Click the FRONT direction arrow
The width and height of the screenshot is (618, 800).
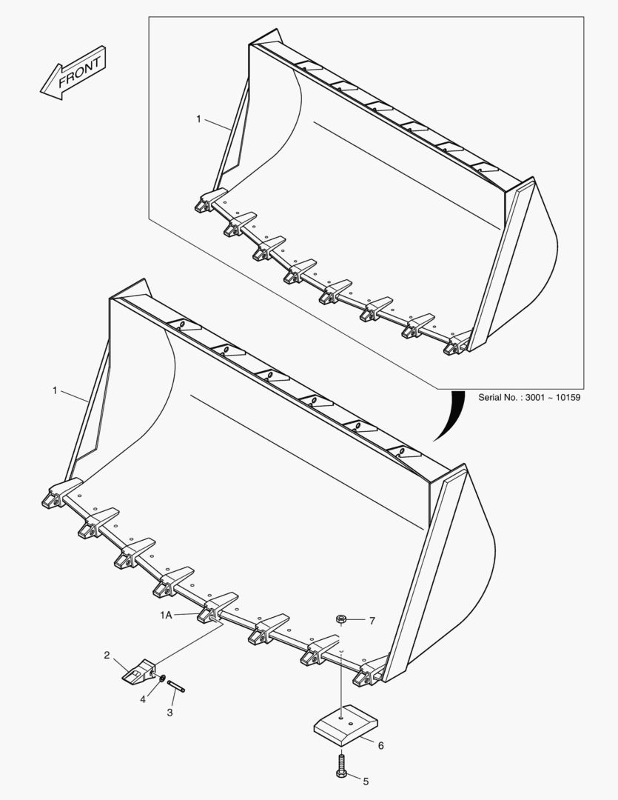(x=73, y=73)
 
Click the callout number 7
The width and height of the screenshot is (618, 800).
(x=372, y=621)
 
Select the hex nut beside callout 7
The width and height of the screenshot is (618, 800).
(x=342, y=620)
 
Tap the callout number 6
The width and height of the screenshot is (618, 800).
(x=381, y=746)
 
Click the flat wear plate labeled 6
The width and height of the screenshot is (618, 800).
(x=346, y=722)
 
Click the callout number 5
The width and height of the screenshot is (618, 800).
(x=366, y=781)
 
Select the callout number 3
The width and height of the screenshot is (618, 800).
(x=169, y=713)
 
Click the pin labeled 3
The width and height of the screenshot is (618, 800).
(x=176, y=686)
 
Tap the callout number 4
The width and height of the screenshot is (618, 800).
(x=143, y=699)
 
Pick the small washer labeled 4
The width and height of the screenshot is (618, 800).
(x=161, y=679)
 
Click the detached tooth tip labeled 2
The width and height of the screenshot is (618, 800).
(x=138, y=671)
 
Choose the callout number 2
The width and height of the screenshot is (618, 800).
(x=107, y=655)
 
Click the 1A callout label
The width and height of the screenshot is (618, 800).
(x=167, y=616)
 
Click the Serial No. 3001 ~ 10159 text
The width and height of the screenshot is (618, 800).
(x=528, y=398)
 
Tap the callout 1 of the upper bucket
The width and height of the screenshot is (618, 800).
(x=199, y=119)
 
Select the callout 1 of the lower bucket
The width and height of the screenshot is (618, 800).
(x=55, y=390)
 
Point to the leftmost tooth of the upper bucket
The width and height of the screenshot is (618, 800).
(x=210, y=199)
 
